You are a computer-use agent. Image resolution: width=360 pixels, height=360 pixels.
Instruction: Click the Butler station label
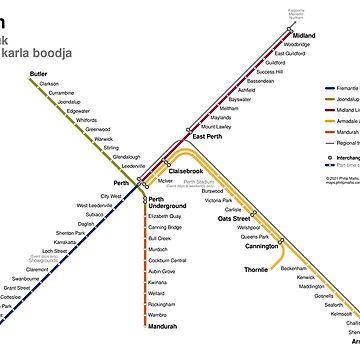[x=38, y=74]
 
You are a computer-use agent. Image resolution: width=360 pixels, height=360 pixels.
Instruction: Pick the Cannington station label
[x=263, y=245]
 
